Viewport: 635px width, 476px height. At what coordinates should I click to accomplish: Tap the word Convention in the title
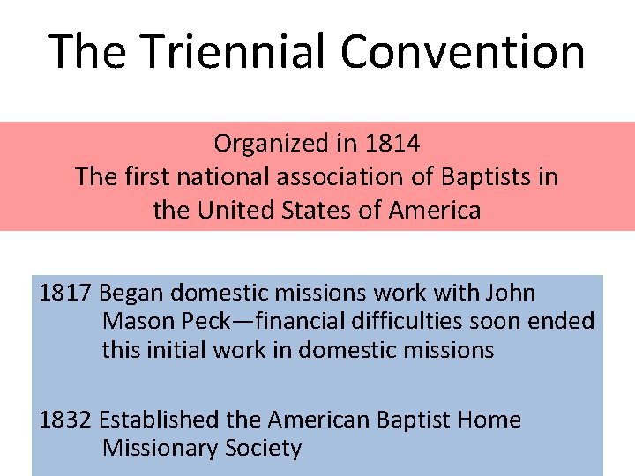pyautogui.click(x=462, y=51)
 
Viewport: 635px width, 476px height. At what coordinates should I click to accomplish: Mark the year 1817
pyautogui.click(x=66, y=293)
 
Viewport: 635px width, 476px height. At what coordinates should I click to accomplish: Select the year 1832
pyautogui.click(x=66, y=420)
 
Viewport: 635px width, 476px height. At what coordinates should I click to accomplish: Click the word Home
pyautogui.click(x=490, y=420)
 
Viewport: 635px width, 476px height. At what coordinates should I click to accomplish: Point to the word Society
pyautogui.click(x=260, y=449)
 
